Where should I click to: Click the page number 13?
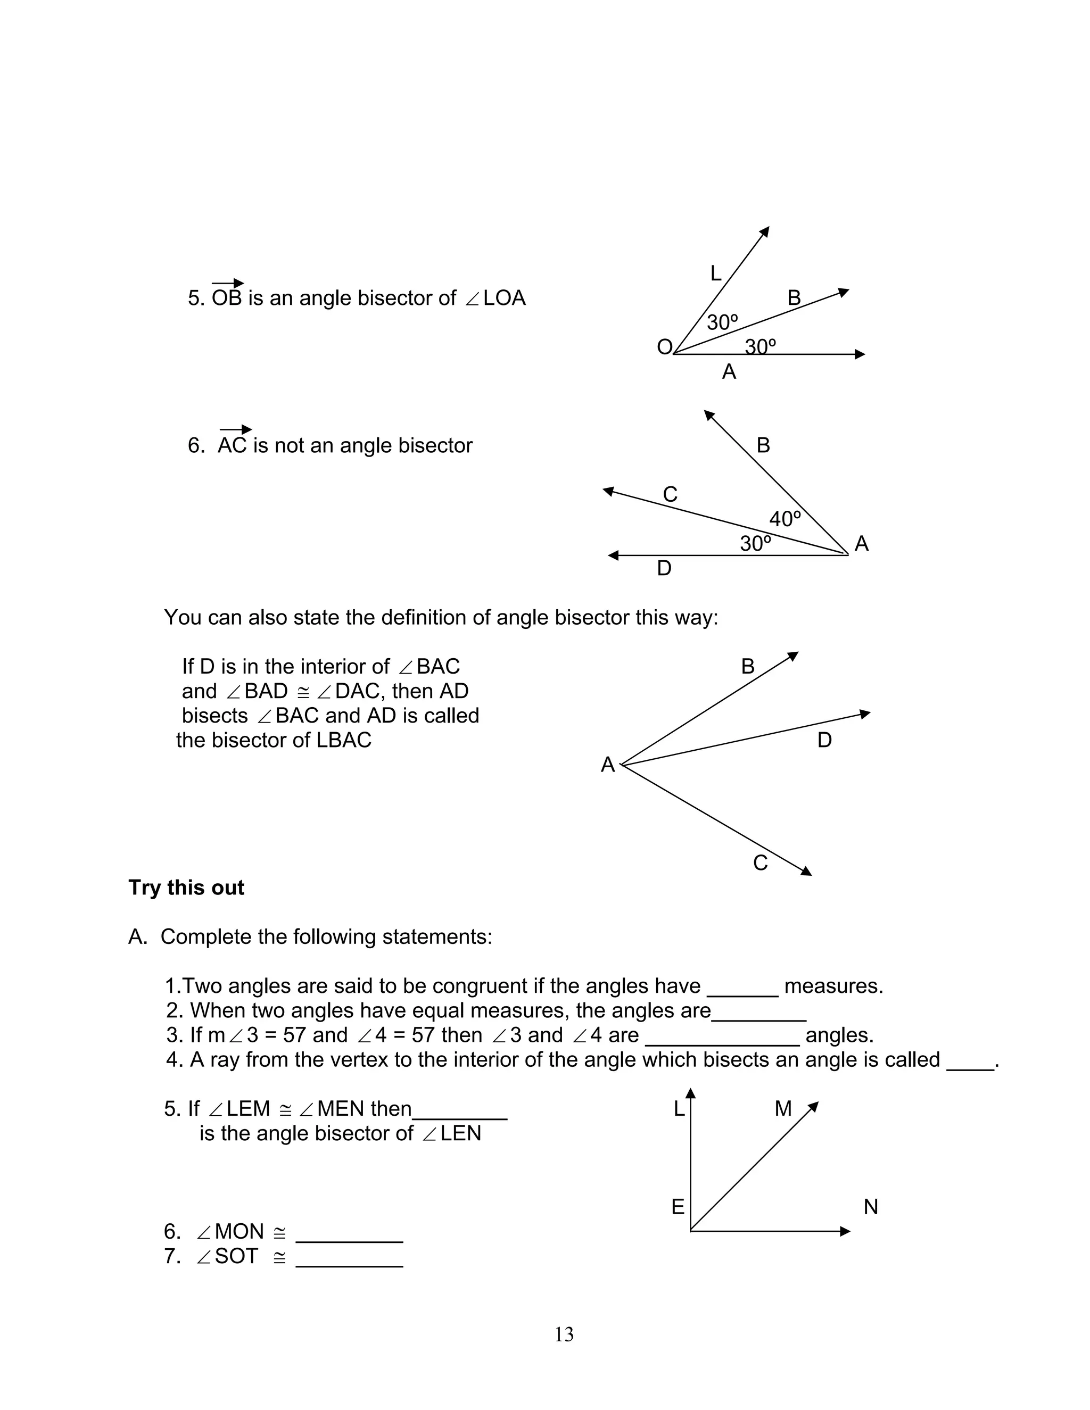pos(563,1334)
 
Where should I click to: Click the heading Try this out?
pos(186,888)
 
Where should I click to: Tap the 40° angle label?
pos(785,518)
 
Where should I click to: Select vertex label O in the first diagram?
pos(664,347)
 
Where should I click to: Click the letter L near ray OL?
pos(715,273)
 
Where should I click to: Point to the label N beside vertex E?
pos(870,1207)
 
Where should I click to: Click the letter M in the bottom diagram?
pos(782,1108)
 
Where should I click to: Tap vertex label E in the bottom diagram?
pos(678,1207)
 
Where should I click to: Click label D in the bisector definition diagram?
pos(824,740)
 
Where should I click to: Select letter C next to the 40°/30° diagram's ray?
pos(670,494)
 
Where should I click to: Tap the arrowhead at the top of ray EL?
pos(691,1093)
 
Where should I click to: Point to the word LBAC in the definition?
pos(343,740)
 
